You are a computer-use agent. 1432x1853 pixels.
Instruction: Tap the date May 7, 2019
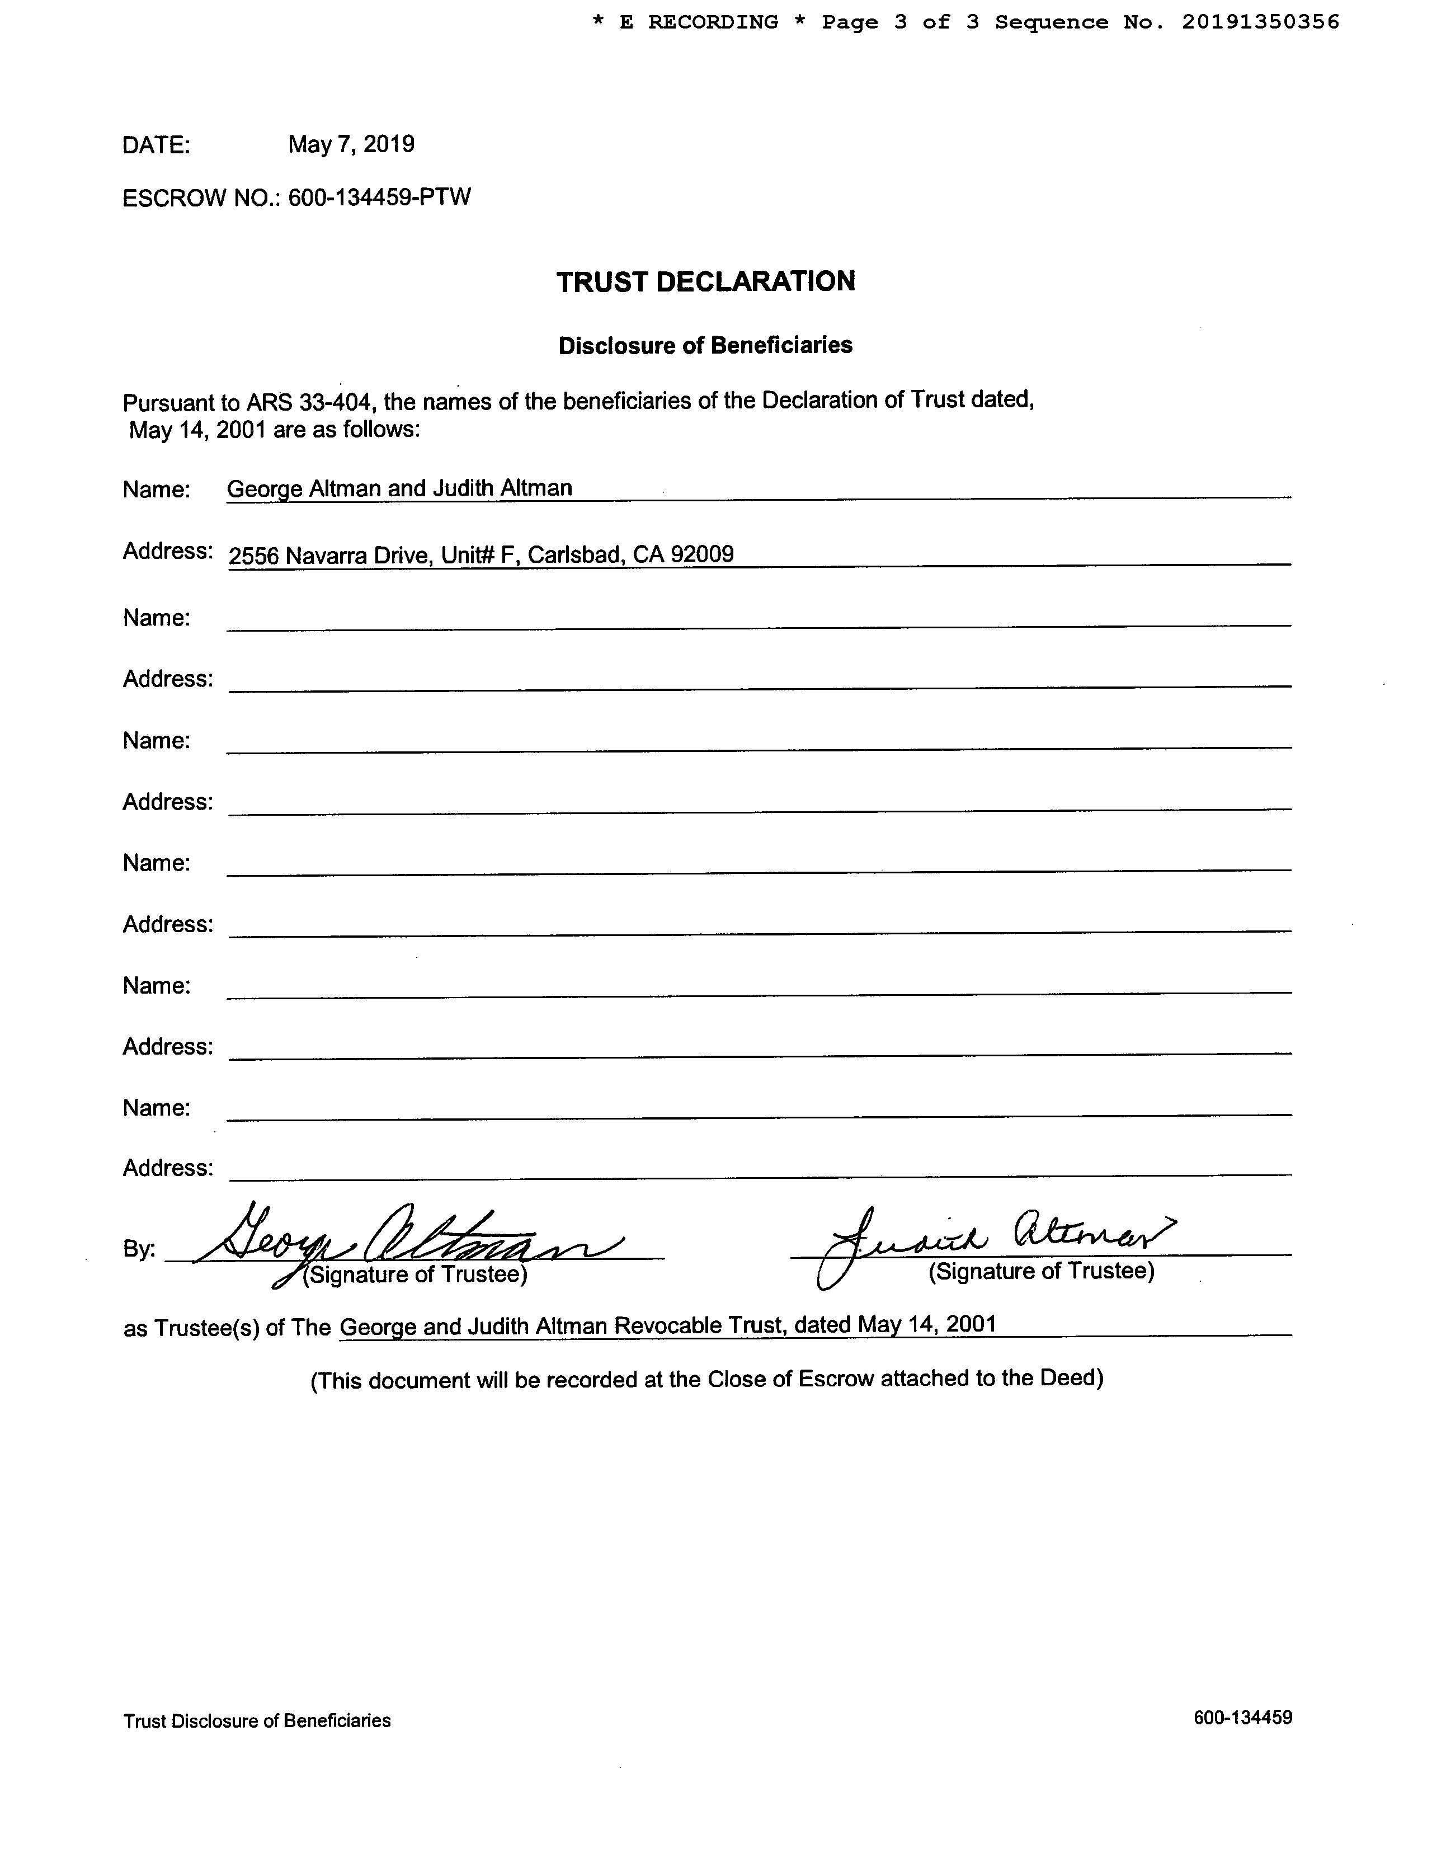click(351, 144)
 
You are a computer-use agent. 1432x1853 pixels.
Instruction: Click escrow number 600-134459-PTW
click(379, 197)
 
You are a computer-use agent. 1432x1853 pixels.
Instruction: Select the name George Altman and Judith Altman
click(399, 488)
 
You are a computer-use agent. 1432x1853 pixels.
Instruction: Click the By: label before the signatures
click(139, 1249)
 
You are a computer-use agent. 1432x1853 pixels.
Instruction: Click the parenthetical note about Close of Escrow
click(706, 1379)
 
